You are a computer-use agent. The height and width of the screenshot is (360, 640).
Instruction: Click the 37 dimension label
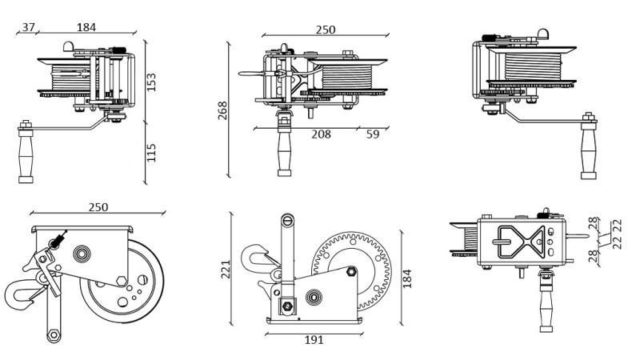point(28,27)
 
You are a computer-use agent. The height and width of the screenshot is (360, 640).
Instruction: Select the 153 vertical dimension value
point(151,82)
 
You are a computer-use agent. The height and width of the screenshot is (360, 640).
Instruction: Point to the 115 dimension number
point(151,152)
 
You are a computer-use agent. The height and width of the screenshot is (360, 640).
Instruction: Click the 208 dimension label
point(321,134)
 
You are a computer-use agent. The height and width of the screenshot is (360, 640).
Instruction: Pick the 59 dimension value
point(373,134)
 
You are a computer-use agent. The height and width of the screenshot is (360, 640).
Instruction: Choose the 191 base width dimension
point(314,340)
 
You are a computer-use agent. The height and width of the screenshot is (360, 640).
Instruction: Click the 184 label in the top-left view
point(86,27)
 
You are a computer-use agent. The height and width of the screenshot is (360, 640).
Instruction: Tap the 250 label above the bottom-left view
point(98,207)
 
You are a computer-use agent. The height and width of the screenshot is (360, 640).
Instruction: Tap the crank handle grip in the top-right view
point(590,152)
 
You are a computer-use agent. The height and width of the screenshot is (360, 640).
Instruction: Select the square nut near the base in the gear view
point(286,306)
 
